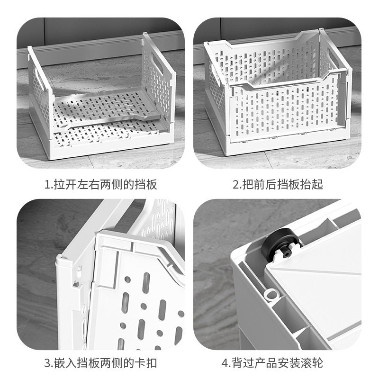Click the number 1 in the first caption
[x=47, y=184]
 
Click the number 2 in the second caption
[x=236, y=184]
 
